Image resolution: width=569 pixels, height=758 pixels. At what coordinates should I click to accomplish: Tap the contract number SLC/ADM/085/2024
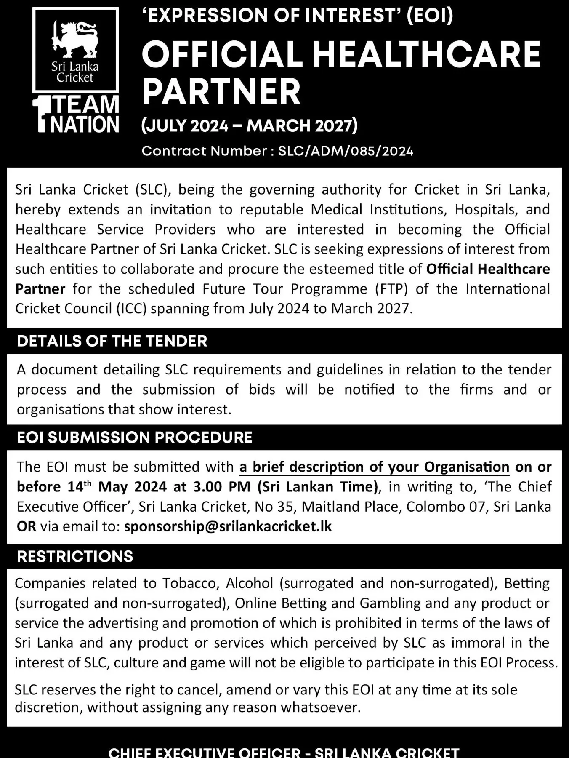[346, 151]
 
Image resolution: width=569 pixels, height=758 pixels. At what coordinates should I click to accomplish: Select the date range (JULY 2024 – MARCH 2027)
[250, 125]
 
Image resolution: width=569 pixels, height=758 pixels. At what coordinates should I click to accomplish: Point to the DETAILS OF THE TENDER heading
[112, 341]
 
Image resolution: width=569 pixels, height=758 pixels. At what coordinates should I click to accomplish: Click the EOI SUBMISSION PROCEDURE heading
[135, 438]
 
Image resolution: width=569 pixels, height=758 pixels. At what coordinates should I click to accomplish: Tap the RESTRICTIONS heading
[75, 556]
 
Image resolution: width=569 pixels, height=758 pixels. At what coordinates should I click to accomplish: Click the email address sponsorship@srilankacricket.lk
[228, 526]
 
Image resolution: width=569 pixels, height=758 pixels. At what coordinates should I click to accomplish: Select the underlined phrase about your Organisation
[375, 467]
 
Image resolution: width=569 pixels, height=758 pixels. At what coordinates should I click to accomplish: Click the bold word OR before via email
[26, 526]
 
